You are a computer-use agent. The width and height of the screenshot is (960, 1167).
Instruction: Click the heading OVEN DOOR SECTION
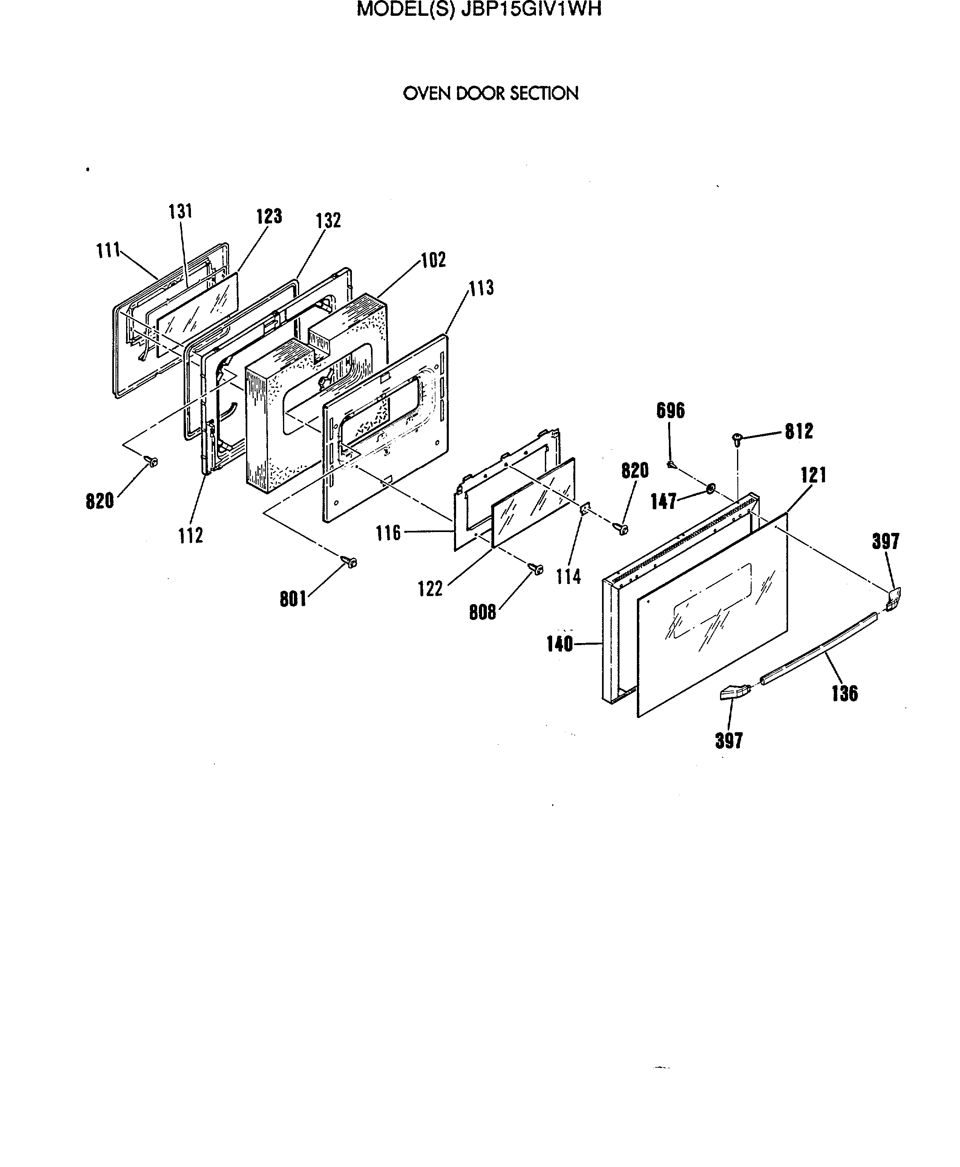pos(491,94)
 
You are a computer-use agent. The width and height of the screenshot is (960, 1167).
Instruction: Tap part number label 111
pos(108,250)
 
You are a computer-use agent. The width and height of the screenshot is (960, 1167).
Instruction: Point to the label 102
pos(433,260)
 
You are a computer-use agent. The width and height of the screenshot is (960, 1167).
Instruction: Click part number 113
pos(481,288)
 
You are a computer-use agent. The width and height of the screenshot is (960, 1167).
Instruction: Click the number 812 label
pos(799,431)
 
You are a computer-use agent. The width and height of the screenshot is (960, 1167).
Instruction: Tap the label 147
pos(664,501)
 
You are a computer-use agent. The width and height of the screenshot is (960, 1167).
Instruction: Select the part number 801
pos(293,599)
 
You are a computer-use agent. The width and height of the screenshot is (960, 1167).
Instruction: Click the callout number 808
pos(482,612)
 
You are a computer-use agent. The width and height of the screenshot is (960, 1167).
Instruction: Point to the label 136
pos(844,693)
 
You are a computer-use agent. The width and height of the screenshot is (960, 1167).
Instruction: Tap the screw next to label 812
pos(737,438)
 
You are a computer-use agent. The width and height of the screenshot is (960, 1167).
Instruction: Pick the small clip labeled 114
pos(583,509)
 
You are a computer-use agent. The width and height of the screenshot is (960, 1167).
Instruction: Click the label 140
pos(559,644)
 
